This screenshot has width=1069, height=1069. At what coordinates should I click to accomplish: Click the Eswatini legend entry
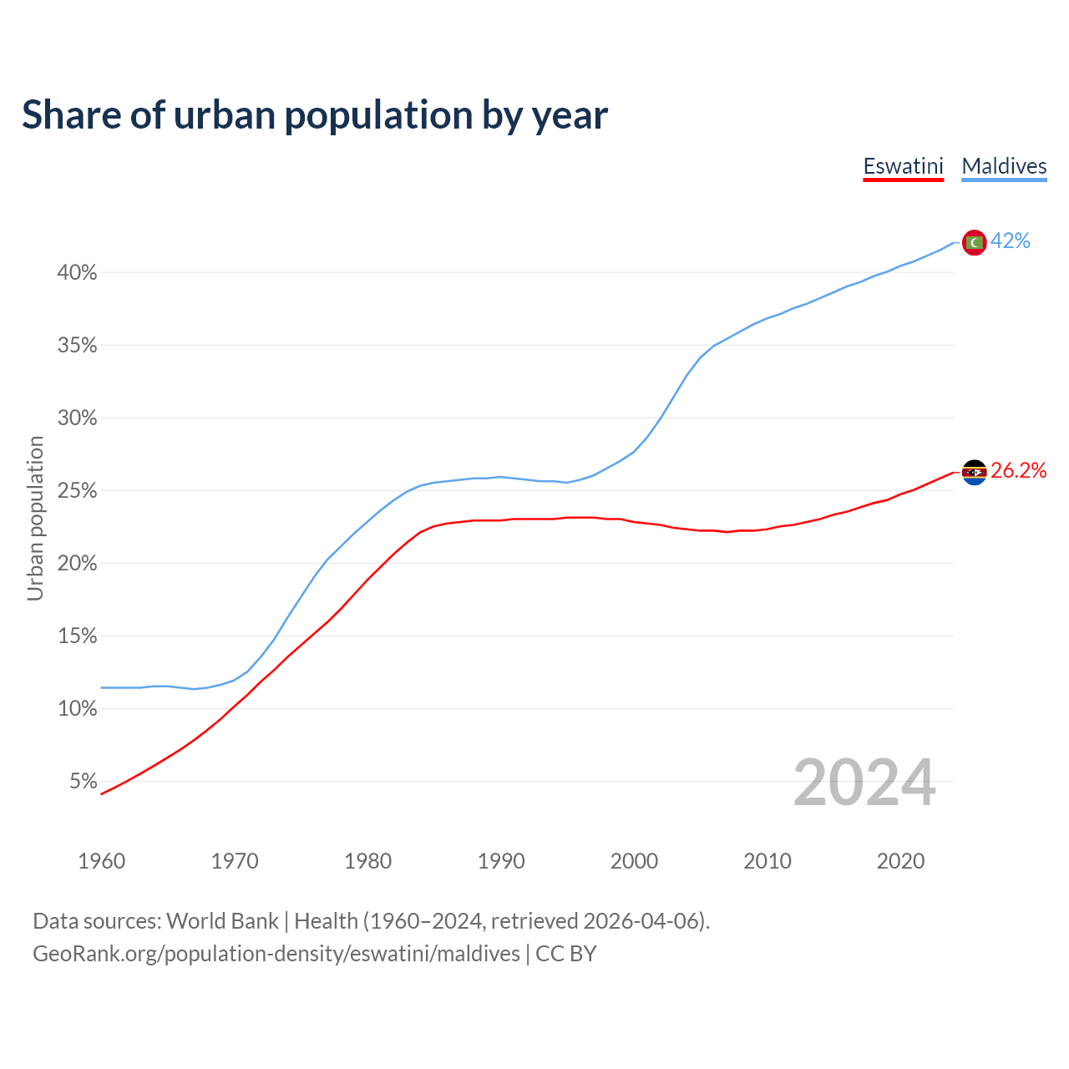(903, 166)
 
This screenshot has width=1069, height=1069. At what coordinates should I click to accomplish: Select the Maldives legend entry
(1004, 166)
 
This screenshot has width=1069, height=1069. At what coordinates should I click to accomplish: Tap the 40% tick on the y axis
(77, 273)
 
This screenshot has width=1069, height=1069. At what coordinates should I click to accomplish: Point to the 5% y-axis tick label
(83, 782)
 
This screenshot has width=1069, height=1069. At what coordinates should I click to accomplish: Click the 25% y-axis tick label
(77, 491)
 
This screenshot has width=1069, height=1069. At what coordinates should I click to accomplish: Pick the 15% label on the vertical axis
(77, 636)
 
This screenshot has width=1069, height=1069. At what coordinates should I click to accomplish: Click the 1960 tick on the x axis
(101, 861)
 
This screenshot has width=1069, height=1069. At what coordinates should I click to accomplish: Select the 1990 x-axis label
(501, 861)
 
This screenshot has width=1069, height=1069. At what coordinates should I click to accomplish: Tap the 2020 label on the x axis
(900, 861)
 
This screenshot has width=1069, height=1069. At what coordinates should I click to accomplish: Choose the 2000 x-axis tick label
(634, 861)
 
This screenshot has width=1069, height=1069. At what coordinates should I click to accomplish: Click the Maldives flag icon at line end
(974, 242)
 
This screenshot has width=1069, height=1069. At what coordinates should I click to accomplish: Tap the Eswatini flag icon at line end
(974, 473)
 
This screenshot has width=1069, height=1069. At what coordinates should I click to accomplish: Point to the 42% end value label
(1011, 241)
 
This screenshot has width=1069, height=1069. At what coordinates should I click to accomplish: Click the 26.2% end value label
(1018, 471)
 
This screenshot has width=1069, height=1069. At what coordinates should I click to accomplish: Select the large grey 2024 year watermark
(864, 783)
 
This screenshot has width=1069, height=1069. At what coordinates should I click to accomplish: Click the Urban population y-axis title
(35, 518)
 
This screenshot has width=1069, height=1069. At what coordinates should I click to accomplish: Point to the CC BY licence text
(565, 954)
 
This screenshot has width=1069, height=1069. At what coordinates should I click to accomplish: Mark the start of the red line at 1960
(102, 793)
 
